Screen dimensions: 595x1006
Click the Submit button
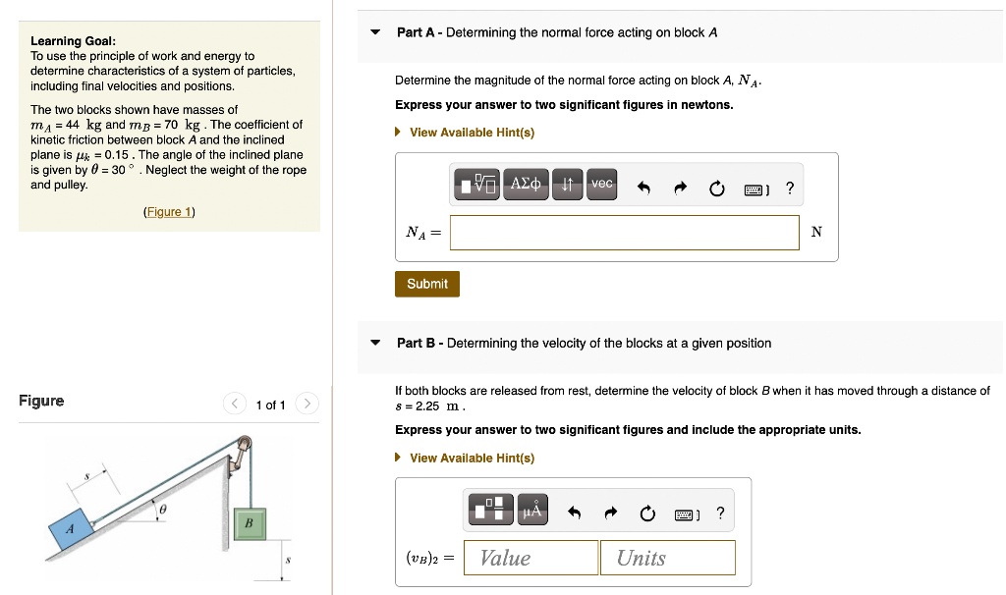tap(427, 284)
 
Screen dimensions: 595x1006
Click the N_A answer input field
tap(625, 233)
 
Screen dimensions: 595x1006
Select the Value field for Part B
tap(531, 558)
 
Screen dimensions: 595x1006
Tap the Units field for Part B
tap(667, 558)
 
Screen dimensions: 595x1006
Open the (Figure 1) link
tap(169, 212)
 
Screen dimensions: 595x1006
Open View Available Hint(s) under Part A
tap(472, 133)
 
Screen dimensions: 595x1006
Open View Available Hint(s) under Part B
tap(472, 458)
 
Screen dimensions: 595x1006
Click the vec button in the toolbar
tap(601, 185)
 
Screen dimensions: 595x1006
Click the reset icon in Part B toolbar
tap(646, 514)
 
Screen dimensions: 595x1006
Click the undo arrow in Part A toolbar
tap(643, 188)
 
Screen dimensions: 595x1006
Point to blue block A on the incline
tap(72, 530)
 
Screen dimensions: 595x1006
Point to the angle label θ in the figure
tap(163, 511)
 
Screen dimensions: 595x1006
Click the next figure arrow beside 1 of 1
tap(307, 405)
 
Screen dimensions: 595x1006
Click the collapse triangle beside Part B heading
tap(375, 344)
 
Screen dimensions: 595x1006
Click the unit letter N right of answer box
tap(816, 233)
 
